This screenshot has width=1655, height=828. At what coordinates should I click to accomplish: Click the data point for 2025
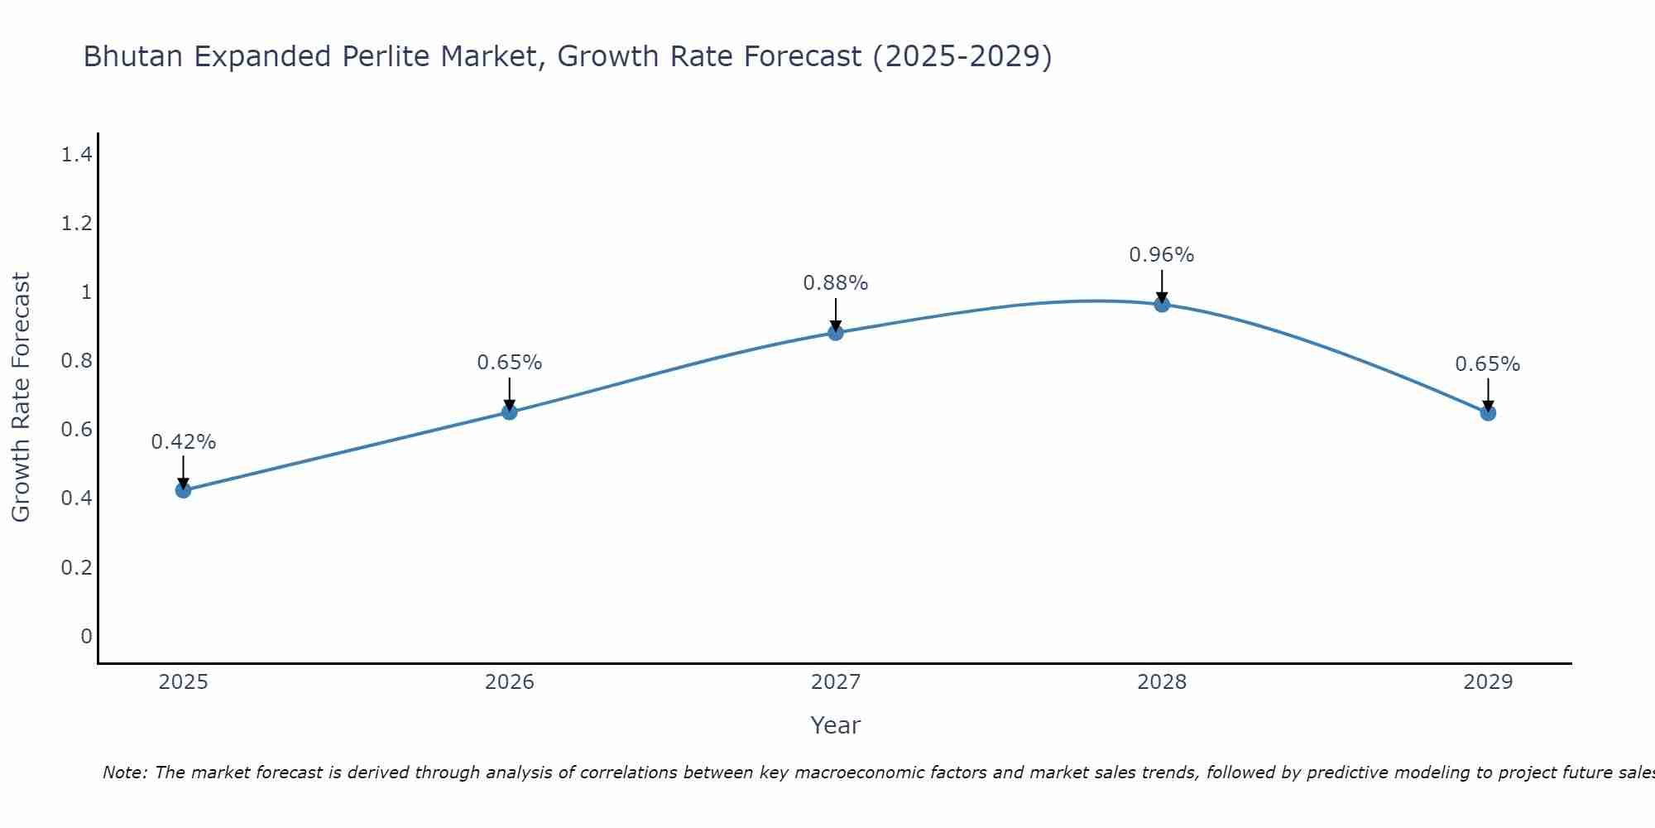[x=183, y=490]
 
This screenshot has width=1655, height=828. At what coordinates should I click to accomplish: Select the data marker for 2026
[x=509, y=412]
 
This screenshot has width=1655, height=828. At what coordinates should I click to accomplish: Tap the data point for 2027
[x=835, y=333]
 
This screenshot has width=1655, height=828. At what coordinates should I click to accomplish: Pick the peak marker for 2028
[x=1162, y=304]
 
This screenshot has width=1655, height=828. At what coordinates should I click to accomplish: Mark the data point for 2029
[x=1488, y=412]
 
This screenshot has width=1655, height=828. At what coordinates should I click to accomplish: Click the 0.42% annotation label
[x=183, y=442]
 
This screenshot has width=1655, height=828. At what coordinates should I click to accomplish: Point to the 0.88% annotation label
[x=835, y=283]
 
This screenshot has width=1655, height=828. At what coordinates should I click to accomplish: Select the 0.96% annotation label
[x=1162, y=255]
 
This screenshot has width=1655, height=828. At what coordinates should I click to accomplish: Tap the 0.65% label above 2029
[x=1488, y=364]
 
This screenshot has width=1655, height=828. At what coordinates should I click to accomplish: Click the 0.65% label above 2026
[x=509, y=363]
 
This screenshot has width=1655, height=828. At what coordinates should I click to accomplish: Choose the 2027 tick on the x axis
[x=835, y=682]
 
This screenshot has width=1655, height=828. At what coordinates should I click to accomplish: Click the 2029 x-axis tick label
[x=1488, y=682]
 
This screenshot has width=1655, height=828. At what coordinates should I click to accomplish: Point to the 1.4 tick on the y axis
[x=76, y=154]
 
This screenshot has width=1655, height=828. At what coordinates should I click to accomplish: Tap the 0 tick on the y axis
[x=86, y=636]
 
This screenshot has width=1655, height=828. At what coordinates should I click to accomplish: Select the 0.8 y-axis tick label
[x=76, y=360]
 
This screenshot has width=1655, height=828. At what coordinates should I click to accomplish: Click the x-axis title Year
[x=835, y=725]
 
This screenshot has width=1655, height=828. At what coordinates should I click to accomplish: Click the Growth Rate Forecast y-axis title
[x=21, y=397]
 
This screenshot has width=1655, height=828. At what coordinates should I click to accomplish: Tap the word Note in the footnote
[x=124, y=773]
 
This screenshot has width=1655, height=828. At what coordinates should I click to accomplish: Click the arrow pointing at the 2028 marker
[x=1162, y=286]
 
